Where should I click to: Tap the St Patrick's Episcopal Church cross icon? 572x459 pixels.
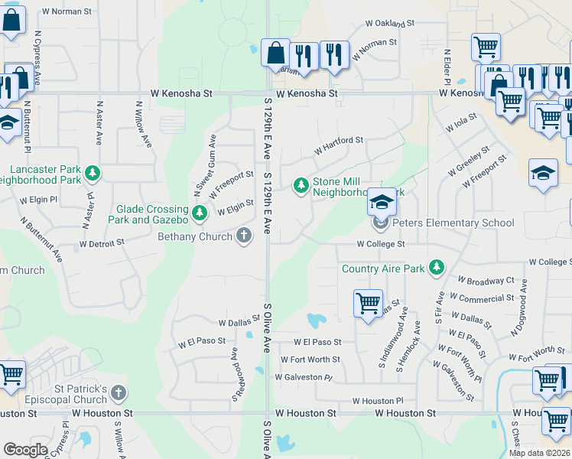pyautogui.click(x=118, y=393)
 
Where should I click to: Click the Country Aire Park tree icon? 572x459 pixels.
pyautogui.click(x=436, y=267)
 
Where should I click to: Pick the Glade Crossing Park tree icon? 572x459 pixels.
pyautogui.click(x=199, y=213)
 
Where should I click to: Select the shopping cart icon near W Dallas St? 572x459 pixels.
pyautogui.click(x=368, y=303)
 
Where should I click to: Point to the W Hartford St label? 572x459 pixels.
pyautogui.click(x=337, y=142)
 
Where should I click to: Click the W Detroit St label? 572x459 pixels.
pyautogui.click(x=102, y=243)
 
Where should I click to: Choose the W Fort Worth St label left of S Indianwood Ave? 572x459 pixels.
pyautogui.click(x=310, y=360)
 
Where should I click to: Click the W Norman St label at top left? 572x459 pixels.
pyautogui.click(x=67, y=11)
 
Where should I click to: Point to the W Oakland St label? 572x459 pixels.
pyautogui.click(x=390, y=24)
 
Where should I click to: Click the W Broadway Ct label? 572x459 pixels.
pyautogui.click(x=486, y=282)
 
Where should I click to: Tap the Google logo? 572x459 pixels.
pyautogui.click(x=25, y=450)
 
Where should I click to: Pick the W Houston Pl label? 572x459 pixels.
pyautogui.click(x=377, y=401)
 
